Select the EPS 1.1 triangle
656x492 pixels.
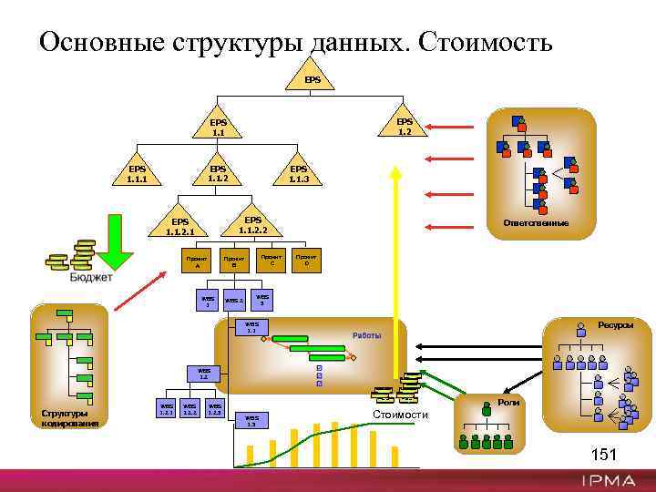pos(219,128)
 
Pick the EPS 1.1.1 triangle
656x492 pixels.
pos(138,174)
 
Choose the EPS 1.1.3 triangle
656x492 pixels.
pos(299,174)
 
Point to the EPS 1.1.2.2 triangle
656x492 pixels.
pos(253,225)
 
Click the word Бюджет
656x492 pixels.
pos(91,277)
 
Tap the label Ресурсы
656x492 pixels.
pos(615,324)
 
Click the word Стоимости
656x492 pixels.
pos(400,415)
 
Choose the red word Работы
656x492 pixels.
pos(367,335)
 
